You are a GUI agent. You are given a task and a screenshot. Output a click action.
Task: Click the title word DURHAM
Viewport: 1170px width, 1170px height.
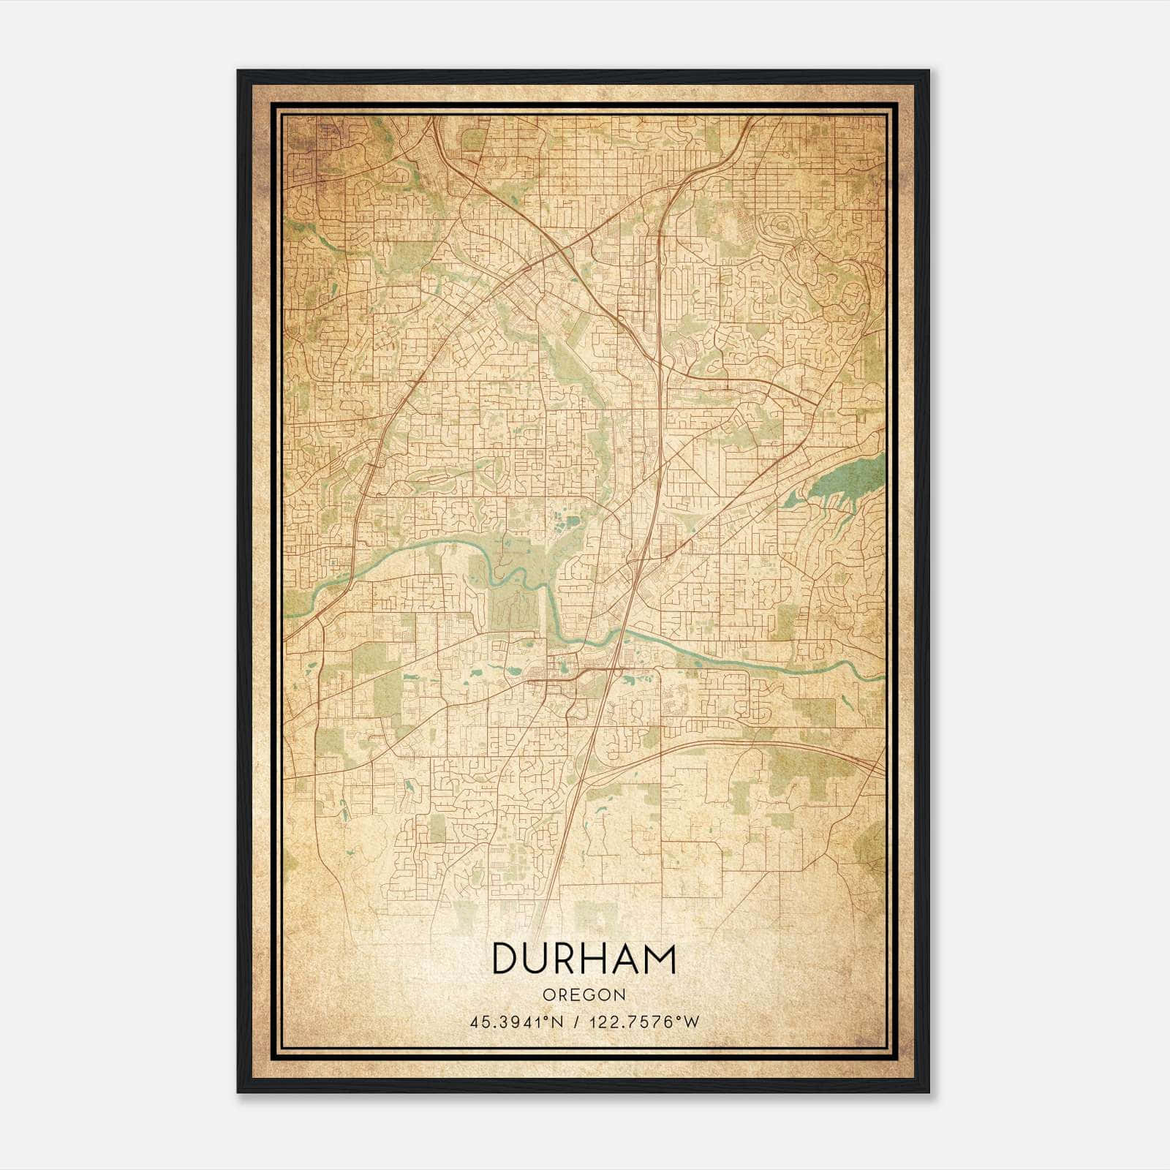pos(584,959)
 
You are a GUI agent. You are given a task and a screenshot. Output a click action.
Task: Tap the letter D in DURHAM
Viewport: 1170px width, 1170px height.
pos(506,959)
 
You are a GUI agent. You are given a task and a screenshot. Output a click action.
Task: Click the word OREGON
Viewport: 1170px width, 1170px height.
pos(584,994)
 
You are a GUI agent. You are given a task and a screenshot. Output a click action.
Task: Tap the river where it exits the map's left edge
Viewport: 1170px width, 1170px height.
pos(287,616)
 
